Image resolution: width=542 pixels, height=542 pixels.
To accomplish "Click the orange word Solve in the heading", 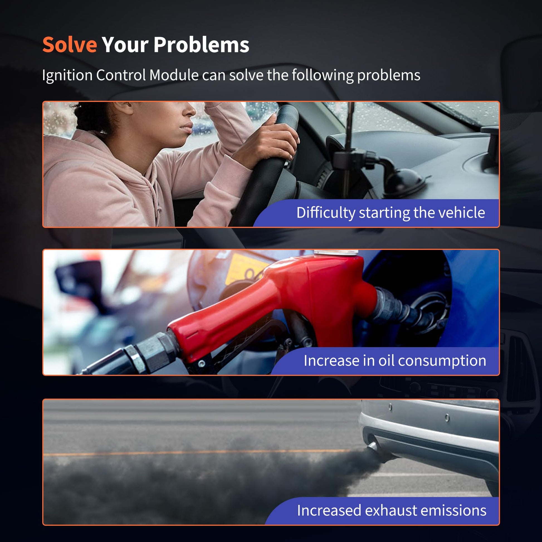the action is click(70, 45).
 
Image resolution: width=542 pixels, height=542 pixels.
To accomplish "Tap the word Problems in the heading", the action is click(201, 45).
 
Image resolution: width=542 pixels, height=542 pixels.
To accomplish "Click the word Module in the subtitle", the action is click(174, 75).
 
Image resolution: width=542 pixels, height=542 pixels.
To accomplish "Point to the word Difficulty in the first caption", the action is click(326, 213).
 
